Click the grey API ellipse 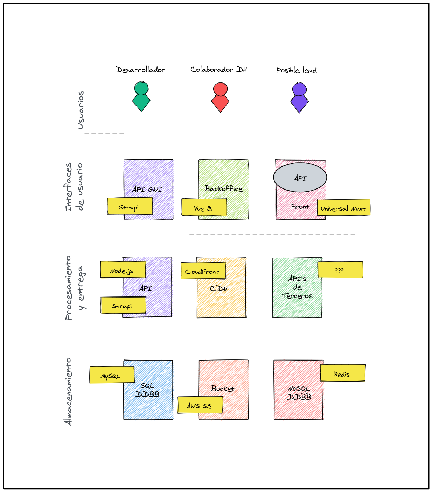coord(300,177)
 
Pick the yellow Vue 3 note coord(204,207)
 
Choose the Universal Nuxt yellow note coord(343,207)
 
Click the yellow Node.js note coord(123,270)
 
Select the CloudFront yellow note coord(203,271)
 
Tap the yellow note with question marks coord(340,270)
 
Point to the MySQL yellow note coord(112,375)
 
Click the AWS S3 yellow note coord(200,405)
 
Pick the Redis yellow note coord(342,373)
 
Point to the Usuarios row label coord(81,110)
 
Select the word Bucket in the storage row coord(223,388)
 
